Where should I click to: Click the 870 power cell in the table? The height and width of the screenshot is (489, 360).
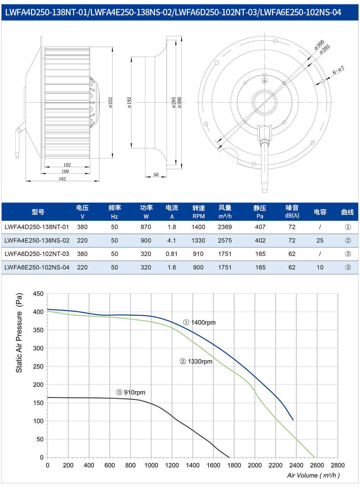146,227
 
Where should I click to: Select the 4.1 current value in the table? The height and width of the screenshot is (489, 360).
171,240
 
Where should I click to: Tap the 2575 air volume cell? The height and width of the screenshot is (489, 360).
225,240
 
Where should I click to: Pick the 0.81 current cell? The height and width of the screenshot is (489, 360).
171,254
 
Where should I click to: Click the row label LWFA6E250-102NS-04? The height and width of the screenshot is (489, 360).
37,268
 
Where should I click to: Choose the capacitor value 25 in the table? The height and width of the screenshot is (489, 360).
320,240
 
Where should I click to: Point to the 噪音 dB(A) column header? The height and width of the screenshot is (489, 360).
292,212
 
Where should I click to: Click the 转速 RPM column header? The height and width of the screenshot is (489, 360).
199,212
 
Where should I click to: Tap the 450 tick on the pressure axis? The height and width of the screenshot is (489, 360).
38,294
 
